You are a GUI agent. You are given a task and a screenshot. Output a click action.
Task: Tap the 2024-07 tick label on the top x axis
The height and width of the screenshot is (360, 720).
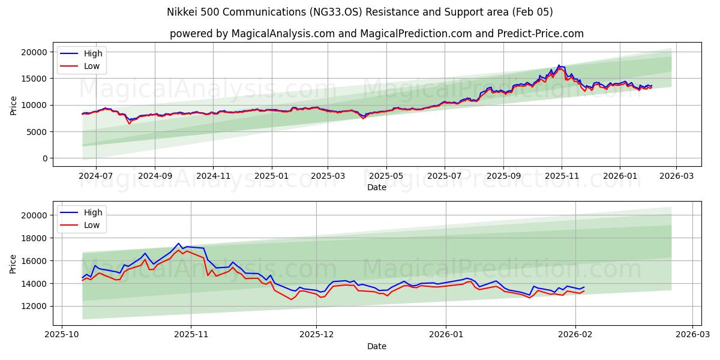(97, 176)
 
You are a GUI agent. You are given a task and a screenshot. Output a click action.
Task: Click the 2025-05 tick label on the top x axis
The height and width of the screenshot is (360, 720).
(386, 176)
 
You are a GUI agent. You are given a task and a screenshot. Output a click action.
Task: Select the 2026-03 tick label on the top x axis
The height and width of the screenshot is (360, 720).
(676, 176)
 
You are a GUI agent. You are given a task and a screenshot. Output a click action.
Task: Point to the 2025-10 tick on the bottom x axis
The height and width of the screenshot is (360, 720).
(62, 335)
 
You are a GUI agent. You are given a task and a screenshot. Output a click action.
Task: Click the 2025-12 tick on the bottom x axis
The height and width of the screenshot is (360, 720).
(317, 335)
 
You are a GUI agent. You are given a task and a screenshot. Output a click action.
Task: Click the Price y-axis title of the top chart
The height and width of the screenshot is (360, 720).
(14, 105)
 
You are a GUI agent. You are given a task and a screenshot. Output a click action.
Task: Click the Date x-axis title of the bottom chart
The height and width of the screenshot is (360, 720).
(377, 346)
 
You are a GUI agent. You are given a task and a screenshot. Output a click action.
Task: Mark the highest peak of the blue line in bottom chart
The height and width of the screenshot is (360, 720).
(178, 244)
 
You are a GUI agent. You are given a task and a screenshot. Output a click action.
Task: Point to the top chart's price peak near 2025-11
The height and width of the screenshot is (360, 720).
(559, 65)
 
